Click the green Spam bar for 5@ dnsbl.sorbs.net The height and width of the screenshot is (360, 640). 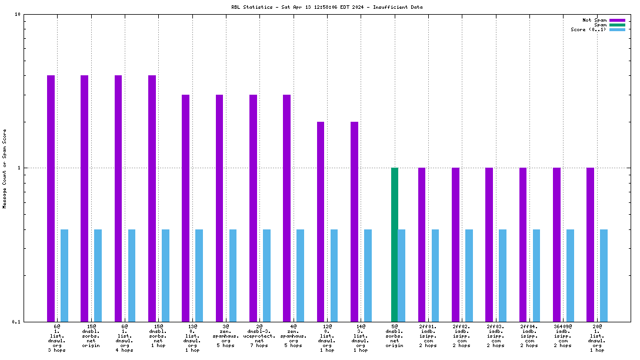[x=395, y=244]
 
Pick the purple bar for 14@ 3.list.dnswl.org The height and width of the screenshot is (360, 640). [x=354, y=221]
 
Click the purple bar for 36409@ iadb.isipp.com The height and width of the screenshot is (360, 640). [x=556, y=244]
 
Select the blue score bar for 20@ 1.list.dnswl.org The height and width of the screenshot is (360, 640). [x=604, y=275]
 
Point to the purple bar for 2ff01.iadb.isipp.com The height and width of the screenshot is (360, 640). [x=422, y=244]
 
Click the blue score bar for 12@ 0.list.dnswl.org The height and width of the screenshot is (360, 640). [x=334, y=275]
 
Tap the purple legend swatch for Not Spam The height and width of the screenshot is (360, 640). [x=617, y=20]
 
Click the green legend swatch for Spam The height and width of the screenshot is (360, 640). [x=617, y=25]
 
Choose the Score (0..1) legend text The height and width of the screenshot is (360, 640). [x=588, y=29]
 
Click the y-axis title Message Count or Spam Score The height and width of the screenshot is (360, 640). [x=5, y=168]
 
